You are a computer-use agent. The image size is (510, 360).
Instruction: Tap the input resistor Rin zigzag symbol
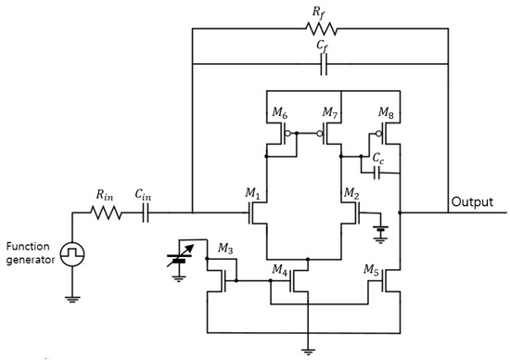tap(105, 212)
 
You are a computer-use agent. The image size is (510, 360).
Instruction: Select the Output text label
tap(472, 201)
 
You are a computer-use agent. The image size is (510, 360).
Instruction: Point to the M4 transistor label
tap(279, 269)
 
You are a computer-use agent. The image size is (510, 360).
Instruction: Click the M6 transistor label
tap(279, 113)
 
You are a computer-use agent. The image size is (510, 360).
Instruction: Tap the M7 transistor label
tap(330, 113)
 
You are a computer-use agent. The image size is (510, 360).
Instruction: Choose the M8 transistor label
tap(385, 113)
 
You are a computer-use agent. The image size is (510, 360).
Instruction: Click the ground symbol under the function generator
tap(71, 297)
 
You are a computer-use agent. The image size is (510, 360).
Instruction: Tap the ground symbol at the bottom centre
tap(305, 350)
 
